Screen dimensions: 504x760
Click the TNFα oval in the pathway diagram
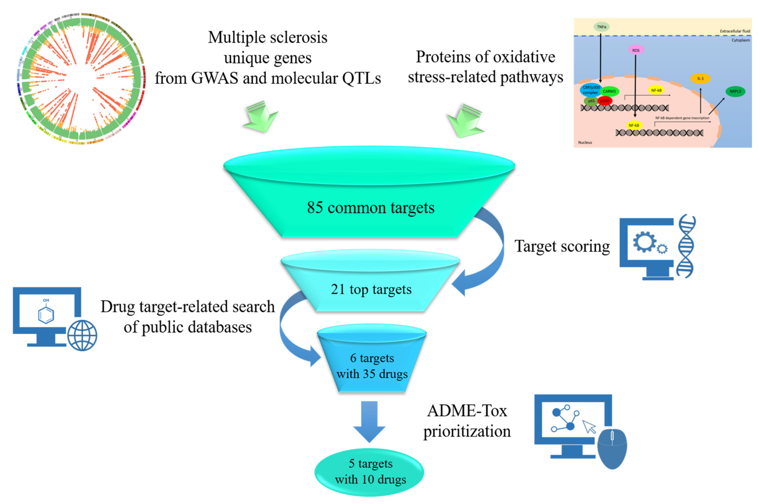601,27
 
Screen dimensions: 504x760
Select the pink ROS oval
636,50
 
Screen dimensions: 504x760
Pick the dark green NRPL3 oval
735,91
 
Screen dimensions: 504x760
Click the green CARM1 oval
609,91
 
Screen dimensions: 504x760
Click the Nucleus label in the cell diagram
585,142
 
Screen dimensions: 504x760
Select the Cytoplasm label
740,40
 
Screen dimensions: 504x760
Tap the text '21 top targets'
371,289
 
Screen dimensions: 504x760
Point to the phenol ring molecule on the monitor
46,314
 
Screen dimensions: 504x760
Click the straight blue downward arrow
369,421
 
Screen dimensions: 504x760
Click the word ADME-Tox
467,411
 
